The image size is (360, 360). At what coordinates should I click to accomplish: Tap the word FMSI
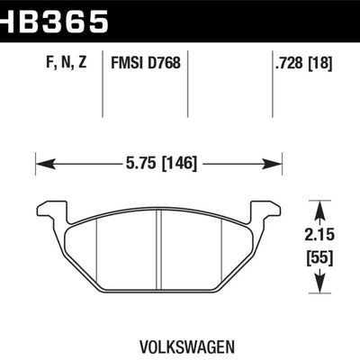click(128, 63)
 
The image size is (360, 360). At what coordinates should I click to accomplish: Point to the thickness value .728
click(286, 63)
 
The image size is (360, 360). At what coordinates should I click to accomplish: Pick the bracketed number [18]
click(319, 63)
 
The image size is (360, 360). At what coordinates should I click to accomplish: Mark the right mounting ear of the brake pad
click(266, 211)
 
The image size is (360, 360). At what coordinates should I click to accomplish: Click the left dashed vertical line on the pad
click(95, 252)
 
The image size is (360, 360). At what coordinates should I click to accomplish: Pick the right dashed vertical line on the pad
click(221, 252)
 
